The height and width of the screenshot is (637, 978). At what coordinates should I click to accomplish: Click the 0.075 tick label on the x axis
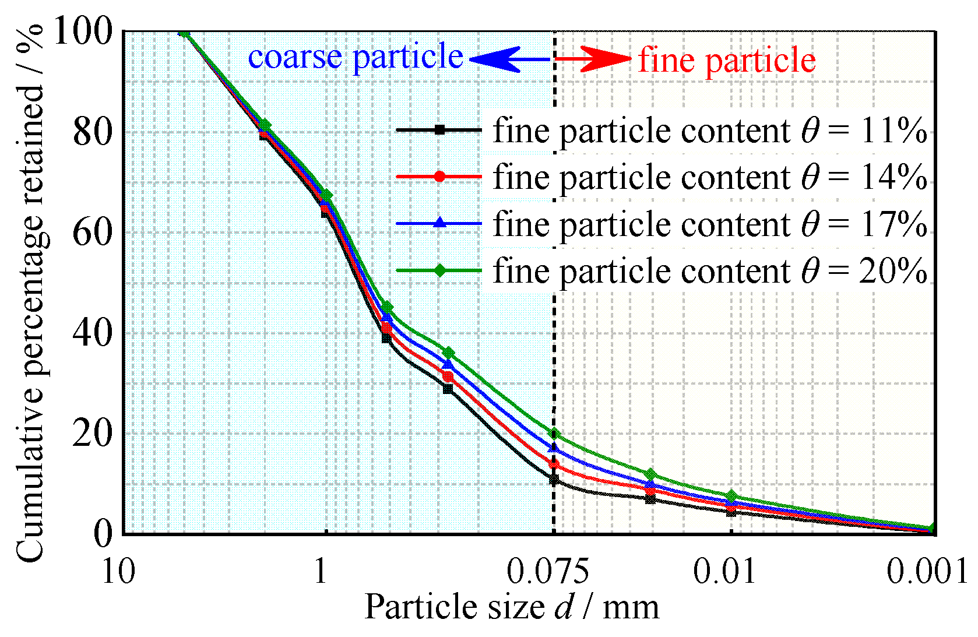[548, 571]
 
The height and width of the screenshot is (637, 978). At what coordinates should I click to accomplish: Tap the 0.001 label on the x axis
[927, 571]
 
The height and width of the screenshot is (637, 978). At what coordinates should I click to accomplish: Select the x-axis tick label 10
[118, 571]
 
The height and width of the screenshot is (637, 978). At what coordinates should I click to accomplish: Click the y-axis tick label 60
[92, 233]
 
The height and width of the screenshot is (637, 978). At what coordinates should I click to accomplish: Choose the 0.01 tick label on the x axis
[725, 571]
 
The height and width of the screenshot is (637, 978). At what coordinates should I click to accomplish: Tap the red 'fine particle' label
[727, 60]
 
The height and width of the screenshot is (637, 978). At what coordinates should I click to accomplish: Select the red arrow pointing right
[593, 58]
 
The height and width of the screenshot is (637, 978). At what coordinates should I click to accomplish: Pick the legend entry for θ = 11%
[662, 130]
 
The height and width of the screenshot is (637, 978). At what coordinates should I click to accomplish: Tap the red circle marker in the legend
[439, 177]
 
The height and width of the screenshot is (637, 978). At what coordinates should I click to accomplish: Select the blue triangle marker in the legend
[439, 223]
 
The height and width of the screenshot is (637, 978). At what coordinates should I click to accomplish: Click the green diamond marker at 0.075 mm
[554, 434]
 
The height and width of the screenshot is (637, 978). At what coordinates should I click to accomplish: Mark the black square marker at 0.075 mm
[554, 480]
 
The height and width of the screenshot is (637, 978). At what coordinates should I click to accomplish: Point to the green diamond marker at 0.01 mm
[731, 496]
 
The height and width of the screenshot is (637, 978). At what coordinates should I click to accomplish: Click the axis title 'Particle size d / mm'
[511, 607]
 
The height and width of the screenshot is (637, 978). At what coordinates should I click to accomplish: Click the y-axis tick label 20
[92, 434]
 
